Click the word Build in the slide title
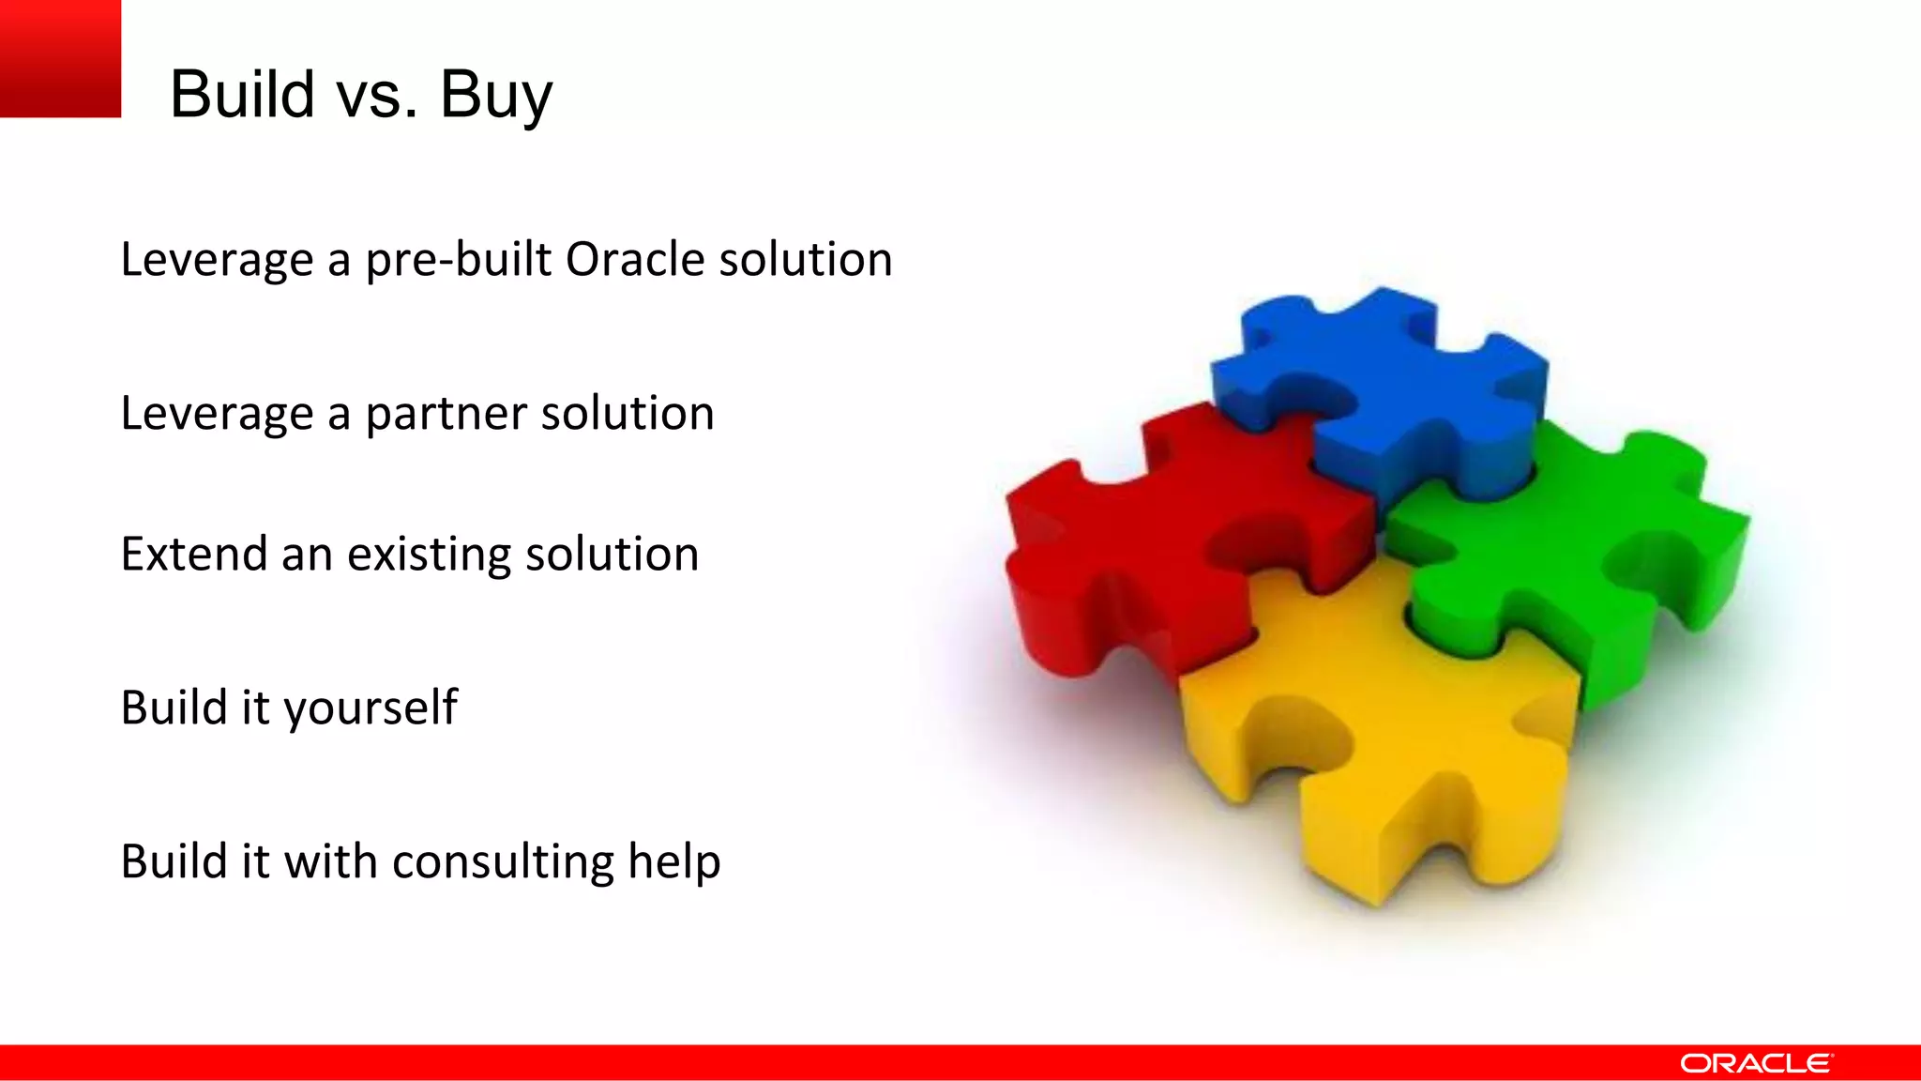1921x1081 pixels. click(x=242, y=95)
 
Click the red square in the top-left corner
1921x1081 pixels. click(x=60, y=58)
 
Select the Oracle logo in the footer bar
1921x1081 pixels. click(x=1755, y=1063)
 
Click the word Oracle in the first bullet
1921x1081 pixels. click(x=634, y=260)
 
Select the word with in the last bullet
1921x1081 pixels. click(x=330, y=861)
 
